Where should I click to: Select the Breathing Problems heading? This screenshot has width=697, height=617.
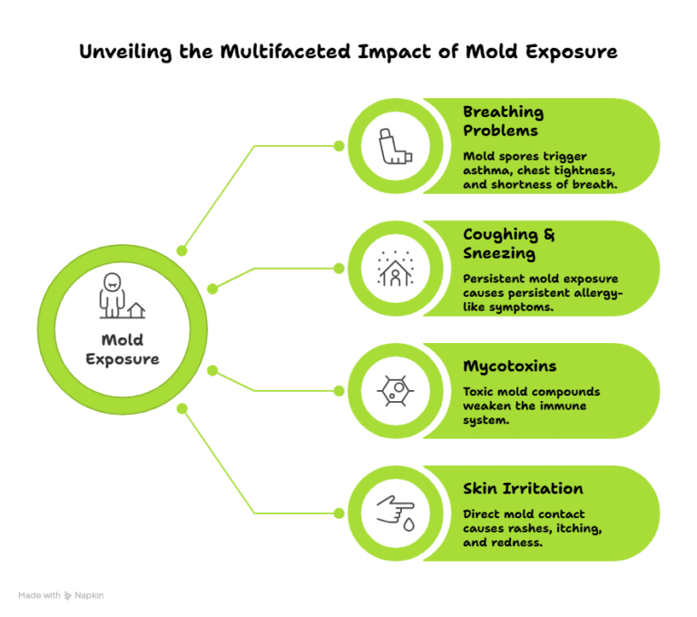click(504, 121)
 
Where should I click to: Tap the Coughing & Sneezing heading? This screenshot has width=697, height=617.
click(509, 243)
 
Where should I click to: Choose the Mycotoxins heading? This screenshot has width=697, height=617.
click(509, 366)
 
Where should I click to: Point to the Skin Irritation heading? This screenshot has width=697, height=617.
click(524, 488)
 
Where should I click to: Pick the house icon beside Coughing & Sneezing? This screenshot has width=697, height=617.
click(396, 268)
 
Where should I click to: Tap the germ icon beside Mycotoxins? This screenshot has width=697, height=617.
click(396, 390)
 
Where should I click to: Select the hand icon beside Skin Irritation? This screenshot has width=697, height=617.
click(396, 513)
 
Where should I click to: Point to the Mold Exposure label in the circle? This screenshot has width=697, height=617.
click(122, 349)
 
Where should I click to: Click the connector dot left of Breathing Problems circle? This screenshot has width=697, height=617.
click(339, 145)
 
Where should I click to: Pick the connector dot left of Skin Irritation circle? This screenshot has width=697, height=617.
click(339, 513)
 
